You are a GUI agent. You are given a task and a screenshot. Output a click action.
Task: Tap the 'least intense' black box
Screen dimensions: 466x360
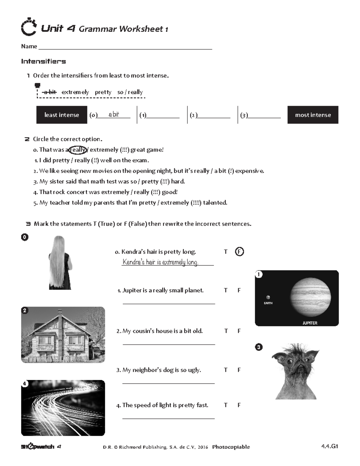(x=61, y=115)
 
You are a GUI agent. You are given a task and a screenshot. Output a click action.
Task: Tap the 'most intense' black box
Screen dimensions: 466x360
(x=313, y=115)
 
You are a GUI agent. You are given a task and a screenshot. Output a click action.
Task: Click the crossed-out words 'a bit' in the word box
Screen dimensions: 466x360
(x=49, y=92)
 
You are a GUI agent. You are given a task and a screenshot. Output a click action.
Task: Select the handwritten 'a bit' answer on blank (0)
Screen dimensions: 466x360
(x=114, y=114)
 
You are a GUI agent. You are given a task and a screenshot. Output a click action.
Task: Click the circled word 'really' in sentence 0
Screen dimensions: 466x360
(x=78, y=150)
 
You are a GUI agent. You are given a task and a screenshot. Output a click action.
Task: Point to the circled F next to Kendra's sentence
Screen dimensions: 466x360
(x=239, y=252)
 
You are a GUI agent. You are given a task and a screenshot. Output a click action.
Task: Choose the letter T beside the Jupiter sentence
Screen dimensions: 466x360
(x=226, y=290)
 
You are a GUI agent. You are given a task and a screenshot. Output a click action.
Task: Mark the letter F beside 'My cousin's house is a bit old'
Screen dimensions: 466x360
(x=239, y=331)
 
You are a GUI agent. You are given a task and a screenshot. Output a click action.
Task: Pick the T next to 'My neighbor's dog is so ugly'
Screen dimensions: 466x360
(x=226, y=370)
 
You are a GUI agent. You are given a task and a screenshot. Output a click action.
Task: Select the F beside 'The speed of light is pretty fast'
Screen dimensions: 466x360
(x=239, y=405)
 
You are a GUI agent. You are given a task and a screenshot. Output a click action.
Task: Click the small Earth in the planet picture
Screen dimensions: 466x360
(x=268, y=297)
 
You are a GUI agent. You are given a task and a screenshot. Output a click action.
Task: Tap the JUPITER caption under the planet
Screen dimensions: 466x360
(x=310, y=323)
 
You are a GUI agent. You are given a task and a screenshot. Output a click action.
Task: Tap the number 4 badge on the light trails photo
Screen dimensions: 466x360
(x=25, y=384)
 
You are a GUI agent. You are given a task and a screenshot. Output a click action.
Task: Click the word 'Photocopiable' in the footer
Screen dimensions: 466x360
(x=231, y=447)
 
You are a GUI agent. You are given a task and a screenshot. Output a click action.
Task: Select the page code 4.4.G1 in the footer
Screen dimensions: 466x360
(x=329, y=446)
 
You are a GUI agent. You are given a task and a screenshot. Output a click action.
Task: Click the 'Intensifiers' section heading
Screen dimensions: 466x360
(x=43, y=62)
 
